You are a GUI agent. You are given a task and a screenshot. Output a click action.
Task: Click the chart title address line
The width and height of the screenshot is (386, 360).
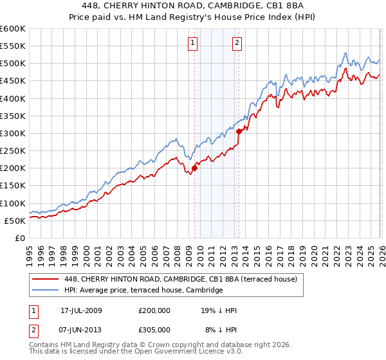193,6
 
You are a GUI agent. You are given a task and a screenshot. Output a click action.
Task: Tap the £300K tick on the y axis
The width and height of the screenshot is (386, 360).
12,133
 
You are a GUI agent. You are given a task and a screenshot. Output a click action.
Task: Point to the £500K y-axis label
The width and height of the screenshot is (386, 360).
12,64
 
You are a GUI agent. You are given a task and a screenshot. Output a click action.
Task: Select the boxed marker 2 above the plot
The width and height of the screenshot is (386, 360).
237,43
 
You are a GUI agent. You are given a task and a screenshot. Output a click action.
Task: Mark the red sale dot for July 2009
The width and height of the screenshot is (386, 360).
194,168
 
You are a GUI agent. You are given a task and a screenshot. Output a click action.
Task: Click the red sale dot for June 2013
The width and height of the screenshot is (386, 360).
239,131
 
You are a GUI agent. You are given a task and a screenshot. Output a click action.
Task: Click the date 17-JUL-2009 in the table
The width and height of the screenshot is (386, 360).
81,310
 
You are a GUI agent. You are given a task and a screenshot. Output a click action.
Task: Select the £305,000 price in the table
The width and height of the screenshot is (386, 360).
154,330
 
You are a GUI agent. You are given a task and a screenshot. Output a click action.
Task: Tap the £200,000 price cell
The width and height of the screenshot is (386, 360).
154,310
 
